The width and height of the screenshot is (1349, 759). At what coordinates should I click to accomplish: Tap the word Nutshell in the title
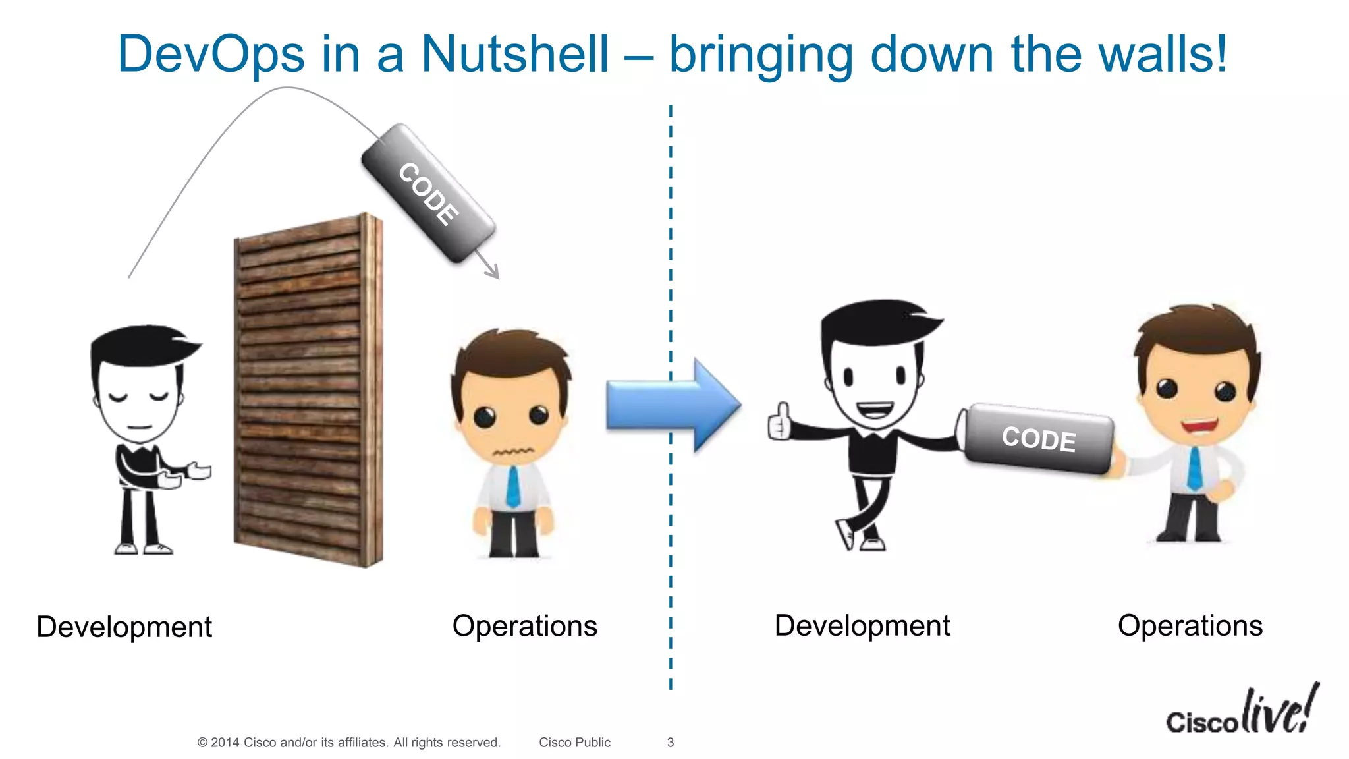514,54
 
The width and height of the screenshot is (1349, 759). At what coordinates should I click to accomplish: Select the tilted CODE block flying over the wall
428,194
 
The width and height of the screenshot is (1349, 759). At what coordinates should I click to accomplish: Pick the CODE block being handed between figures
1038,439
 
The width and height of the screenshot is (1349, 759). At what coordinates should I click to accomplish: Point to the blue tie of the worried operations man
512,486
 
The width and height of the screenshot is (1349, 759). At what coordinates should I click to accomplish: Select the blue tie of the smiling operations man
1194,468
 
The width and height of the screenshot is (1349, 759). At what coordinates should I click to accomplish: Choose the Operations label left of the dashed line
524,626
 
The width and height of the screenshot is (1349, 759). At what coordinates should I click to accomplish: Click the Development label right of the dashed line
862,626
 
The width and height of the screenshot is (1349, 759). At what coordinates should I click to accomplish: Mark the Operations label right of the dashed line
1190,626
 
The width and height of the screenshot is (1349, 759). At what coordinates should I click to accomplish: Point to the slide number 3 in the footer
671,743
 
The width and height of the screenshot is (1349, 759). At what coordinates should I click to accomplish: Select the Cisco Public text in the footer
574,743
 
